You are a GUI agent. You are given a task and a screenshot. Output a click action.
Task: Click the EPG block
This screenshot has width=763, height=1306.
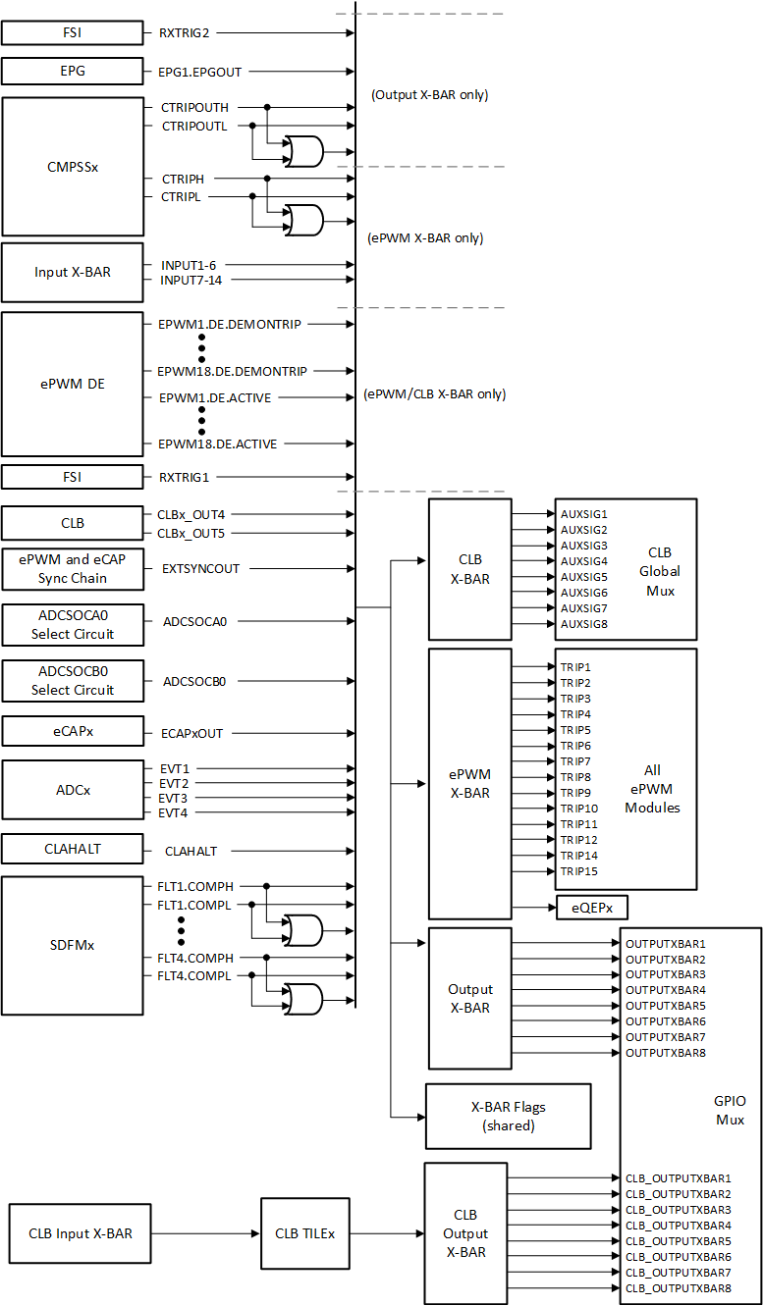[x=73, y=72]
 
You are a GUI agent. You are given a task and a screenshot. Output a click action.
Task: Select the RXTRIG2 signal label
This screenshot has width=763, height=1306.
[x=185, y=32]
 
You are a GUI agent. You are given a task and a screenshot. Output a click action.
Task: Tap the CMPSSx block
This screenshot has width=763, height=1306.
[x=73, y=166]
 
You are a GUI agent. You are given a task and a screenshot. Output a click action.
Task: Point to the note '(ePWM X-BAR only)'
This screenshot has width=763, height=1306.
[x=425, y=237]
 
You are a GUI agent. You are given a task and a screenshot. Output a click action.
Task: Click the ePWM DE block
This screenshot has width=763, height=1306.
[x=73, y=384]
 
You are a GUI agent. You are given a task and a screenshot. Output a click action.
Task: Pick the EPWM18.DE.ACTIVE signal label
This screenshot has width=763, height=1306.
[x=218, y=444]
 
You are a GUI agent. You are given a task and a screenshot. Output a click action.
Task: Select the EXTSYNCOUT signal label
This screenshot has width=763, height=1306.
[x=201, y=568]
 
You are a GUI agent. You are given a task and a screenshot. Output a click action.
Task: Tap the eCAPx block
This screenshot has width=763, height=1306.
[x=73, y=732]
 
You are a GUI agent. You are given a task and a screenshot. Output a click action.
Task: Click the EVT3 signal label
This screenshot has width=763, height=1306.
[x=174, y=798]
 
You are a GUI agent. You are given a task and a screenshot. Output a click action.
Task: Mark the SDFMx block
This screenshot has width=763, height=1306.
[x=73, y=945]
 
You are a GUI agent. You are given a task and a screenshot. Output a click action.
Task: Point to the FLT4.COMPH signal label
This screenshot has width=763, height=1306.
[x=195, y=958]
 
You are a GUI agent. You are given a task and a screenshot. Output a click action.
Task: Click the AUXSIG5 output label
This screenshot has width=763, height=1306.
[x=584, y=577]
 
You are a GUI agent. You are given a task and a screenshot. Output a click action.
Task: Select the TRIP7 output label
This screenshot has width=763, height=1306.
[x=575, y=761]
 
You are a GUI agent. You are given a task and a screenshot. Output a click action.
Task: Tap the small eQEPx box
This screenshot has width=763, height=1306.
[x=592, y=907]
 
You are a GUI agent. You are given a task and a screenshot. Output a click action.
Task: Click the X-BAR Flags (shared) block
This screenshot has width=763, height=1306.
[x=508, y=1117]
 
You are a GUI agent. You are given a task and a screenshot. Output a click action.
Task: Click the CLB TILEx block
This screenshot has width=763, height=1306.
[x=304, y=1233]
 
